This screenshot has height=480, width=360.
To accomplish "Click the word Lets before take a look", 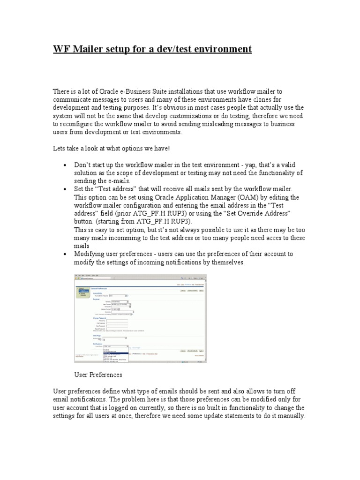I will (60, 149).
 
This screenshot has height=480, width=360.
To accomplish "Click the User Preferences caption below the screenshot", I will (98, 375).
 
